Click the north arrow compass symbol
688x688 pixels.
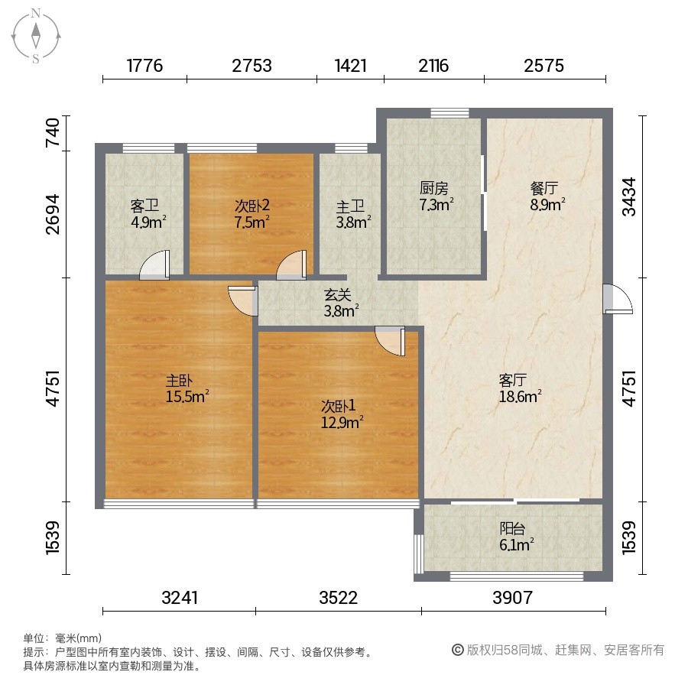[35, 36]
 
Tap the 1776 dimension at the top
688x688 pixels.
[144, 66]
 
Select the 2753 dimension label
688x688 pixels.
[252, 66]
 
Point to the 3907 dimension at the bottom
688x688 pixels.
[512, 598]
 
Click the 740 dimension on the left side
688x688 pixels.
[53, 132]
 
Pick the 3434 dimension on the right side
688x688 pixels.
[629, 196]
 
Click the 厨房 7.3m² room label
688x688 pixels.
[436, 196]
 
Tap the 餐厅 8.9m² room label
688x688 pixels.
[547, 196]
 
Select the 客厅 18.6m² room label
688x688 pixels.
[520, 388]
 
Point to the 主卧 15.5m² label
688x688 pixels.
[187, 388]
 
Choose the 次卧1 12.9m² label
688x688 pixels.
[342, 414]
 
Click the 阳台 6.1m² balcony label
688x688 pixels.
[516, 537]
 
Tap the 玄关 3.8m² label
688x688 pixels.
[341, 303]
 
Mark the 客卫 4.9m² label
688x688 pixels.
[148, 214]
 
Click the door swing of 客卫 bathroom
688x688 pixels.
[154, 265]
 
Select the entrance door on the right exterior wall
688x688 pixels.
[618, 299]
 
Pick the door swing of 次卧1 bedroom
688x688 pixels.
[390, 341]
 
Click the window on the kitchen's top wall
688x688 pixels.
[449, 113]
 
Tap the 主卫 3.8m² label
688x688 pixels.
[353, 214]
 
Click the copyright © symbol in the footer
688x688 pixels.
[458, 650]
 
